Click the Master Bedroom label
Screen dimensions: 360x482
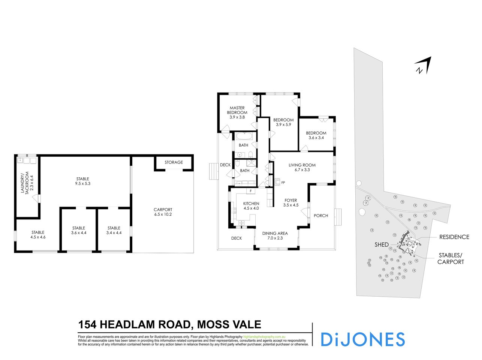[x=237, y=110]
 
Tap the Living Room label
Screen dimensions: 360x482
[x=302, y=165]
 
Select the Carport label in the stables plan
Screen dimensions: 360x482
[x=163, y=210]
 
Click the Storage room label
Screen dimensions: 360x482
[x=174, y=162]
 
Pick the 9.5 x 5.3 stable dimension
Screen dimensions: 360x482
[x=82, y=184]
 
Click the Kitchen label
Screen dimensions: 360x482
[x=251, y=204]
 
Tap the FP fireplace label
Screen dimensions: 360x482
[x=283, y=183]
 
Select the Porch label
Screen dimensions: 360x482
[x=321, y=216]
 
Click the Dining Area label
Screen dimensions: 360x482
[x=275, y=233]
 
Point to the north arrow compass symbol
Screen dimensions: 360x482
[x=424, y=66]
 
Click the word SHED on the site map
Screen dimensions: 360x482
[x=382, y=244]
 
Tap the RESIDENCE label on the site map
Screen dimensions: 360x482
[x=454, y=237]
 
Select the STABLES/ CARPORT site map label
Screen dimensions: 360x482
[x=451, y=259]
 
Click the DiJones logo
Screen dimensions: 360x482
[x=362, y=339]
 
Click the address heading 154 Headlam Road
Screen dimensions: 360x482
[x=169, y=324]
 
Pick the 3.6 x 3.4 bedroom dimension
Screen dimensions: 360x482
[x=316, y=138]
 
